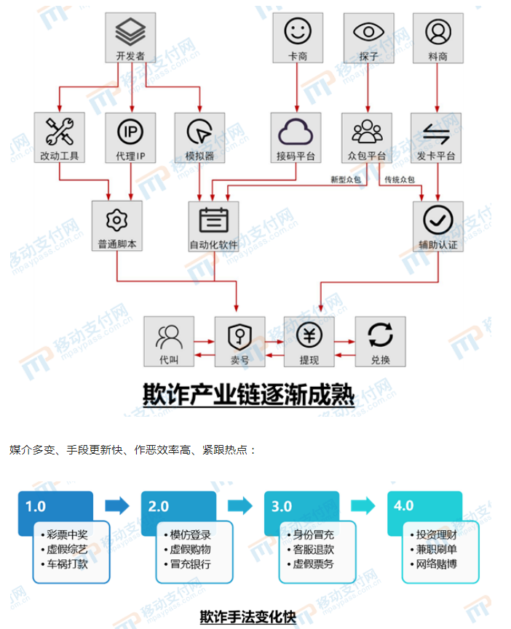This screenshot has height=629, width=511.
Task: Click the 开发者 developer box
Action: pyautogui.click(x=130, y=39)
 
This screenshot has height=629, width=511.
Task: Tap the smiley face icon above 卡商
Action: pyautogui.click(x=297, y=32)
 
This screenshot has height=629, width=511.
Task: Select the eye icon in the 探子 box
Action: pyautogui.click(x=368, y=32)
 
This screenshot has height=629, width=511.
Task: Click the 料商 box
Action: pyautogui.click(x=438, y=39)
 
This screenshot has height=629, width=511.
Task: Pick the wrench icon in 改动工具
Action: pyautogui.click(x=60, y=131)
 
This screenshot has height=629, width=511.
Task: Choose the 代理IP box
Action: pyautogui.click(x=130, y=138)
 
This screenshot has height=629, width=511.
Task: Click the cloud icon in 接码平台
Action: pyautogui.click(x=296, y=132)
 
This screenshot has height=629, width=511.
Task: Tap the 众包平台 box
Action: pyautogui.click(x=367, y=138)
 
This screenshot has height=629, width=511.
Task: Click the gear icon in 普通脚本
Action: pyautogui.click(x=116, y=219)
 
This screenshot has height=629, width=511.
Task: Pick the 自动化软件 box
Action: pyautogui.click(x=213, y=226)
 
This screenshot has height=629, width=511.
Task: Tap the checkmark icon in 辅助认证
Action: pyautogui.click(x=438, y=219)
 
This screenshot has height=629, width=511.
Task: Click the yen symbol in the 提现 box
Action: pyautogui.click(x=309, y=334)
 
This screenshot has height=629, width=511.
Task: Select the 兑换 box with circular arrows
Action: pyautogui.click(x=380, y=342)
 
